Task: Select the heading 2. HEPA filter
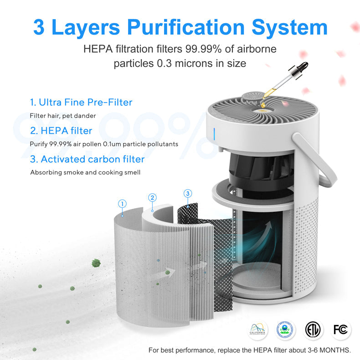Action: click(61, 131)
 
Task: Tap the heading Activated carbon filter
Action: click(87, 159)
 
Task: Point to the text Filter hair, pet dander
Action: click(63, 116)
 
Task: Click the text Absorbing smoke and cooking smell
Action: click(85, 172)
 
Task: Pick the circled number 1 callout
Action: click(122, 203)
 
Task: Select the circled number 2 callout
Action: click(153, 197)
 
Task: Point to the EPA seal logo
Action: click(286, 329)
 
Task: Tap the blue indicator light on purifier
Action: click(214, 134)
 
